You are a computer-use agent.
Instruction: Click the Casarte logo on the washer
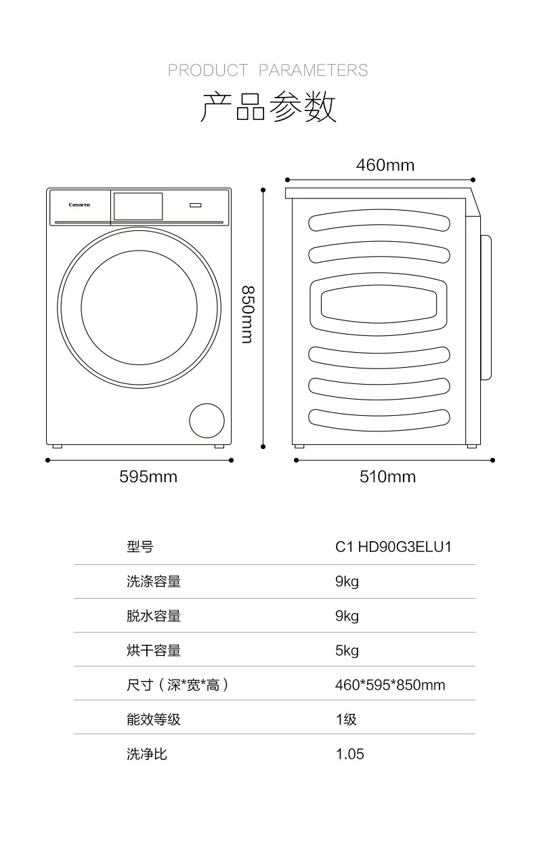pos(79,205)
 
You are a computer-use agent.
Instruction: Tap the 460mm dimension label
pos(385,165)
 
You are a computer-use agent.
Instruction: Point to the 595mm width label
pos(148,477)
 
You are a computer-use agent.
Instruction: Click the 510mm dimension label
pos(387,477)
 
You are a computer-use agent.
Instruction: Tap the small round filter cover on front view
pos(207,421)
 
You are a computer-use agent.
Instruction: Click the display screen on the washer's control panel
pos(138,206)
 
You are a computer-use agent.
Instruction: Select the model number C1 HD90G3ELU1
pos(393,547)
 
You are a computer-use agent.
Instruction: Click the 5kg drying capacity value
pos(347,651)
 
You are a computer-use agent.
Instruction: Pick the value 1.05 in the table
pos(349,754)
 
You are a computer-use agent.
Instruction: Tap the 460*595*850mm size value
pos(390,685)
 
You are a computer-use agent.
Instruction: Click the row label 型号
pos(140,547)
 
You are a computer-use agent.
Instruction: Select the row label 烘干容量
pos(154,651)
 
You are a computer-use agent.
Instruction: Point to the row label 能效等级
pos(154,719)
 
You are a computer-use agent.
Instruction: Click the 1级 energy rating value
pos(346,719)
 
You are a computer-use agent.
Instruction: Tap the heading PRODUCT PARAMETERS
pos(267,70)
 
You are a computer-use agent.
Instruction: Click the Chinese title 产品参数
pos(268,107)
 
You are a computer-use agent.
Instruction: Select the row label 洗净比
pos(147,754)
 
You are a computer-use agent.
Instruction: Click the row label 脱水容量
pos(154,616)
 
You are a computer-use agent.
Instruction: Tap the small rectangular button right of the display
pos(196,205)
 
